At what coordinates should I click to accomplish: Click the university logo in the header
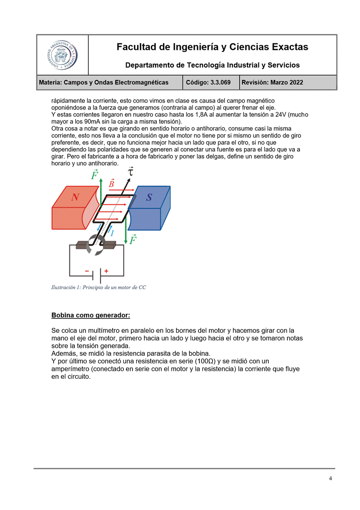(x=62, y=55)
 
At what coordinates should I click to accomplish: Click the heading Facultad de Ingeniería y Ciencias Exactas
(x=212, y=47)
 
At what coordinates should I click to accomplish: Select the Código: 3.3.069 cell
(x=211, y=83)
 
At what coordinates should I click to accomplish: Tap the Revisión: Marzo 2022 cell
(x=272, y=83)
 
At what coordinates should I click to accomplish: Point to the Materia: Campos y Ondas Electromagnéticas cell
(x=104, y=83)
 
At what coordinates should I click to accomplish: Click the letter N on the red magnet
(x=75, y=197)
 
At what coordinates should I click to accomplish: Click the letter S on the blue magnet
(x=149, y=197)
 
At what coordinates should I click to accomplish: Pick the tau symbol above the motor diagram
(x=131, y=172)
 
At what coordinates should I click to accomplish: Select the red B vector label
(x=112, y=183)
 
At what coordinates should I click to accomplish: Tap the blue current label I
(x=112, y=233)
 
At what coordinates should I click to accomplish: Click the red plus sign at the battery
(x=107, y=271)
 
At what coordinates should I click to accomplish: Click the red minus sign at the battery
(x=87, y=271)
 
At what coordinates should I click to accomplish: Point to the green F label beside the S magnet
(x=133, y=239)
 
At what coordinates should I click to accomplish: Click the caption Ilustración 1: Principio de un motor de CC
(x=99, y=287)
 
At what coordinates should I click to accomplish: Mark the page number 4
(x=330, y=478)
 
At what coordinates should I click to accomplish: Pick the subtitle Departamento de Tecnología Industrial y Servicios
(x=212, y=65)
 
